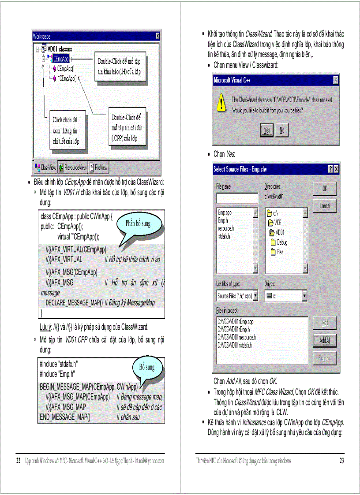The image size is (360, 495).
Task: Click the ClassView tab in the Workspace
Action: tap(45, 167)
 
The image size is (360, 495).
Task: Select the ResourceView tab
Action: tap(73, 167)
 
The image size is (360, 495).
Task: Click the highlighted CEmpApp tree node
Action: tap(60, 58)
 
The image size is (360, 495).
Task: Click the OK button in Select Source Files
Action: tap(324, 189)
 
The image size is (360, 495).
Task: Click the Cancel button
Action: tap(324, 205)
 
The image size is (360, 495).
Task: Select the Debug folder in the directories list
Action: tap(281, 242)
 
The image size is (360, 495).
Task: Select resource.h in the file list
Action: tap(226, 228)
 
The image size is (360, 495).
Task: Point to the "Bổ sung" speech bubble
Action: tap(147, 368)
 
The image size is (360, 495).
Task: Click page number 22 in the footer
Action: tap(19, 461)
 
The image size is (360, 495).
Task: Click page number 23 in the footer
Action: tap(341, 461)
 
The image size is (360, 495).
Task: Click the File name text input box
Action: tap(237, 198)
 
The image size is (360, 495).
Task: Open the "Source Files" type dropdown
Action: tap(237, 296)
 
